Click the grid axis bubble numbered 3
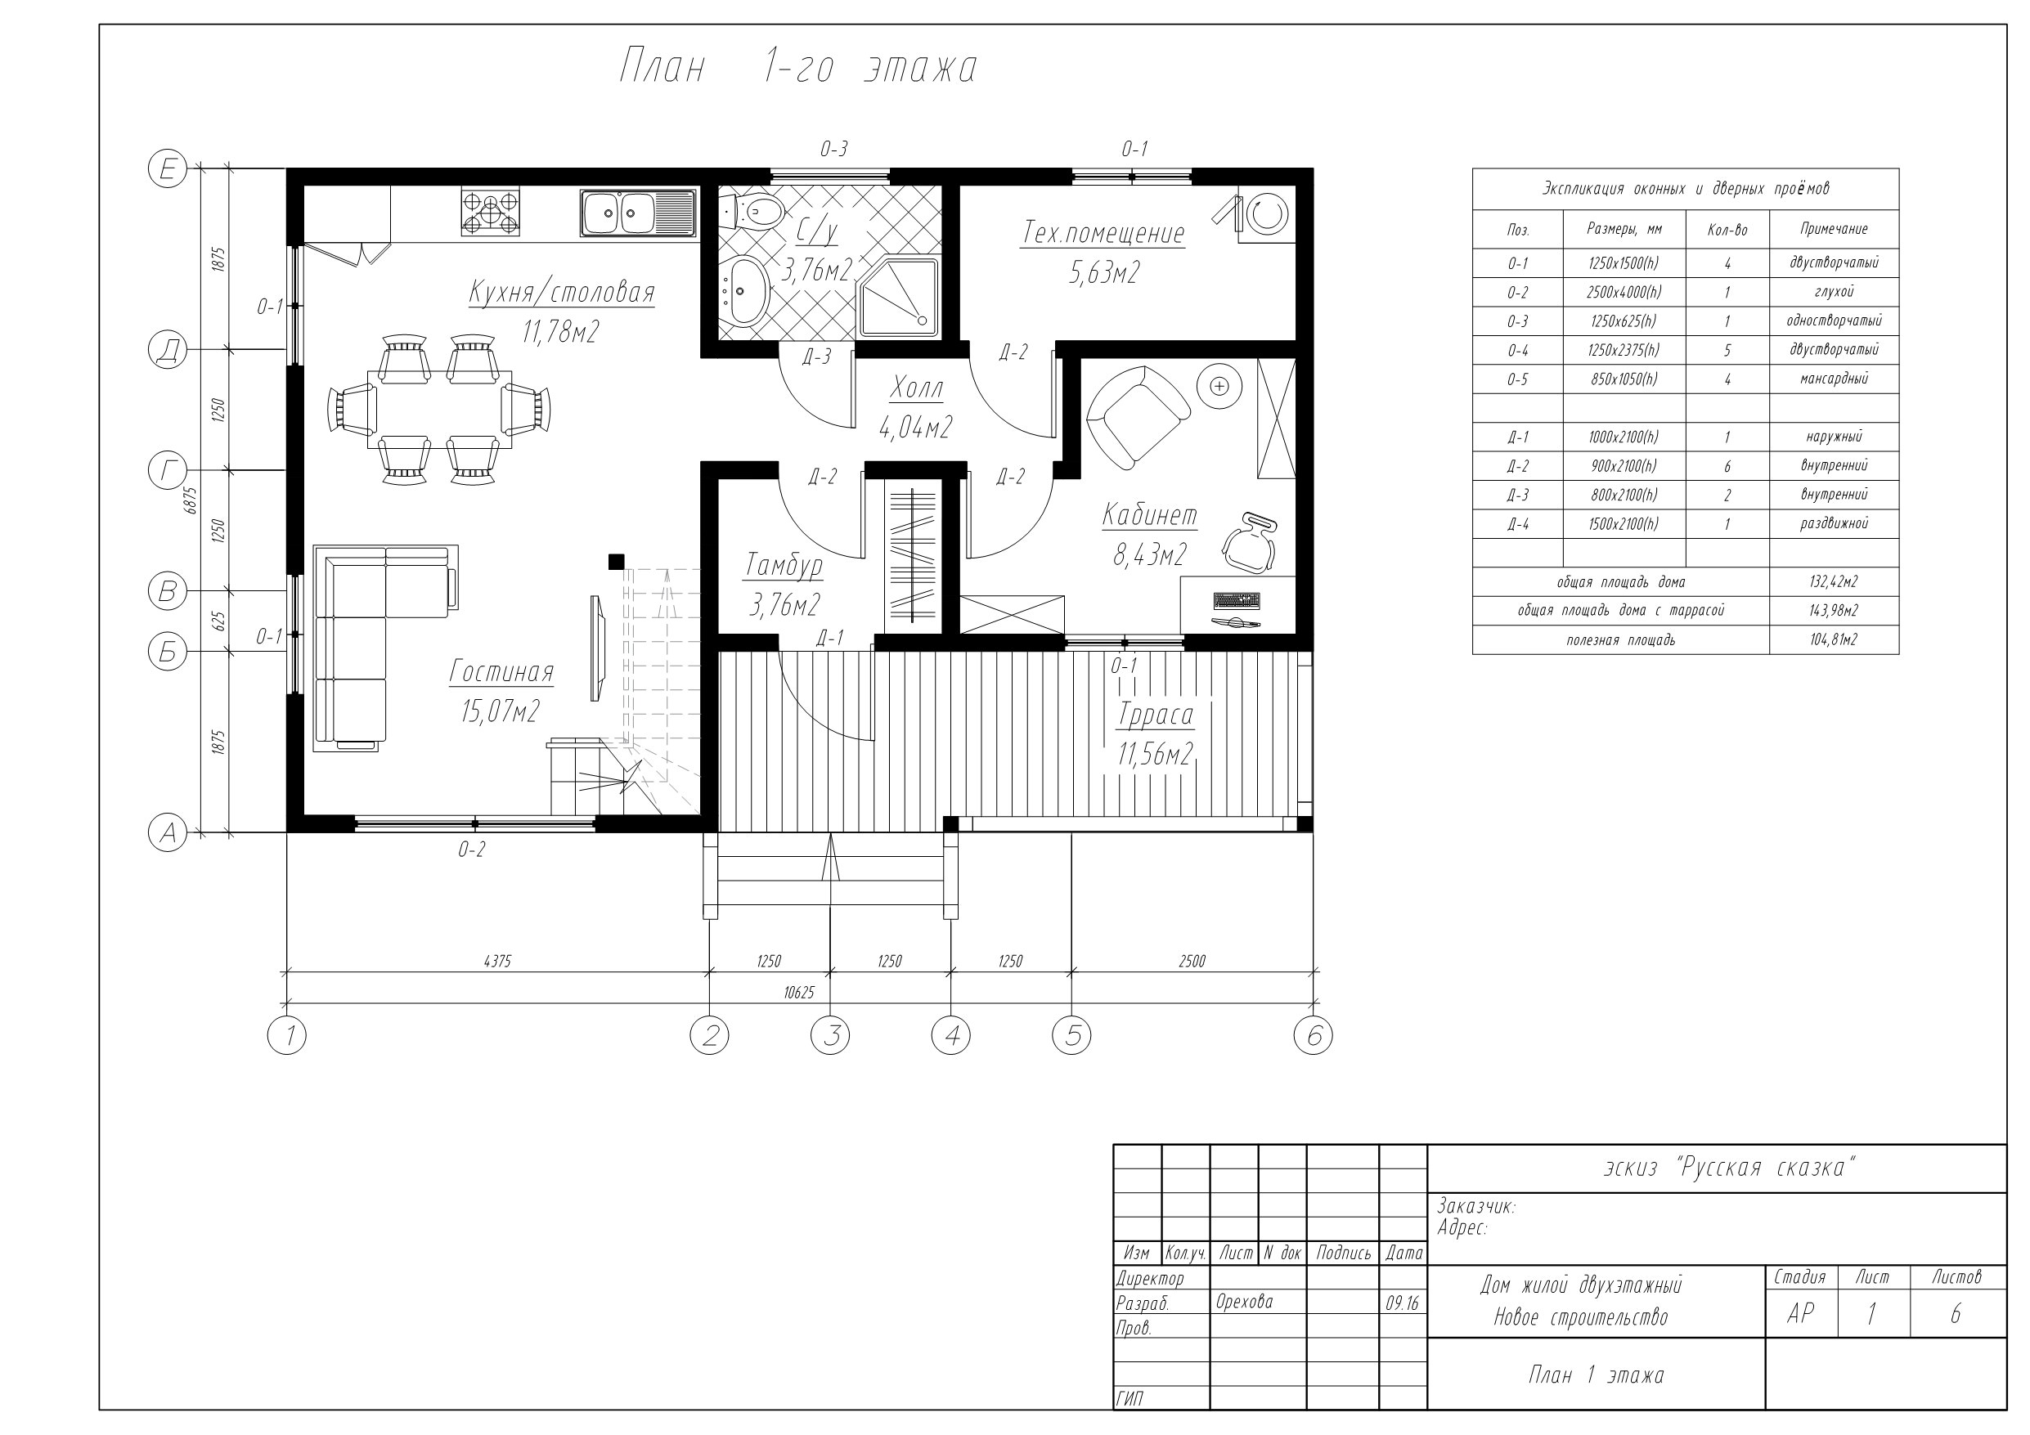(830, 1035)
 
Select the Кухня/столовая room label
(561, 292)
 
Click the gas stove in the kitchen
(490, 213)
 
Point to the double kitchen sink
(637, 213)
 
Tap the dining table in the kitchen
(439, 410)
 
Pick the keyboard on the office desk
(1237, 601)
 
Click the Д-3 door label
(817, 357)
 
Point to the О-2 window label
(472, 850)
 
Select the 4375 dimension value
(498, 961)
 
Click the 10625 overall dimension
(798, 993)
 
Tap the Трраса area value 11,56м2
(1156, 754)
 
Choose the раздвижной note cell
(1834, 523)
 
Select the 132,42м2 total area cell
(1834, 582)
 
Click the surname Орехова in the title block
(1244, 1302)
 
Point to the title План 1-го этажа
(797, 68)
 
